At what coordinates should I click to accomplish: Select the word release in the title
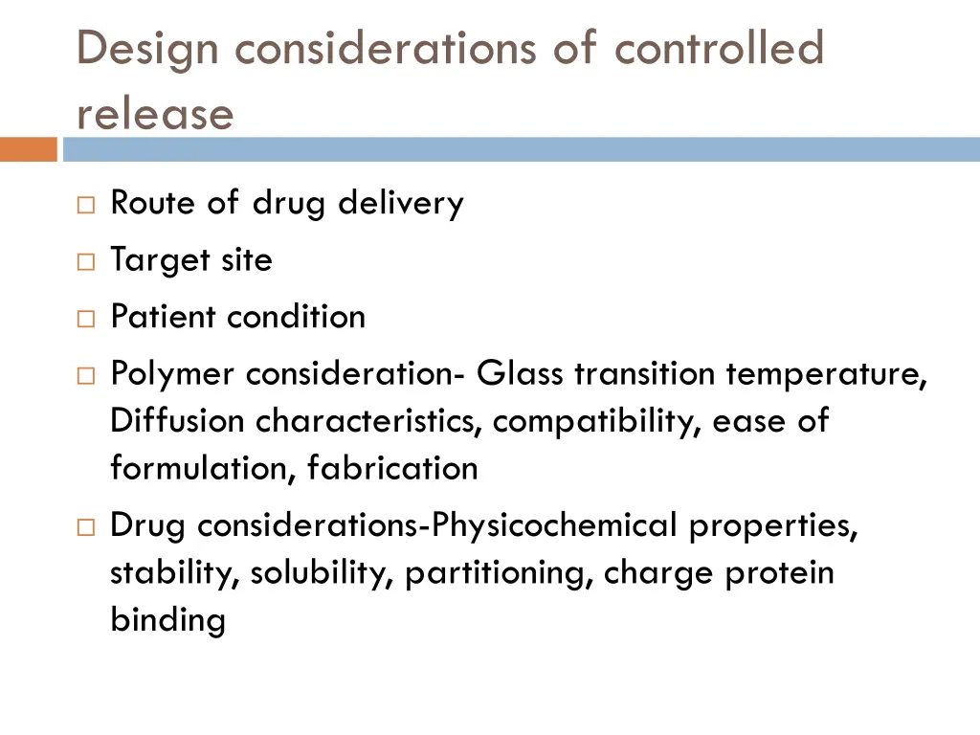click(155, 115)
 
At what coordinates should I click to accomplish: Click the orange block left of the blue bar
click(28, 149)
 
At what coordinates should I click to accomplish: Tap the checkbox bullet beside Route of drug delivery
click(85, 205)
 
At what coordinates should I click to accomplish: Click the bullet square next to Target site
click(85, 261)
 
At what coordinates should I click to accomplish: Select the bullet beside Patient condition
click(85, 318)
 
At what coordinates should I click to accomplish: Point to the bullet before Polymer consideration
click(85, 375)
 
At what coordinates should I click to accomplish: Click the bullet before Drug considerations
click(85, 527)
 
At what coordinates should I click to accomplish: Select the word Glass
click(520, 373)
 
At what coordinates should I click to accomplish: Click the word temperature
click(826, 374)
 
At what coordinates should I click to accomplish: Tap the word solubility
click(323, 573)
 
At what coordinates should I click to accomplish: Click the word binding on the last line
click(167, 620)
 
